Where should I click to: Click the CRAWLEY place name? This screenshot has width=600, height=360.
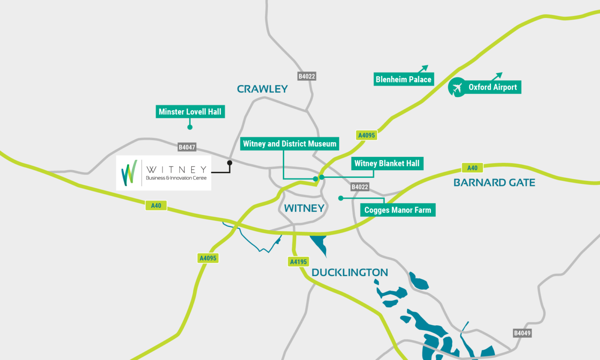pyautogui.click(x=262, y=89)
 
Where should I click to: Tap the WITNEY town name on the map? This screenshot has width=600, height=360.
pyautogui.click(x=304, y=208)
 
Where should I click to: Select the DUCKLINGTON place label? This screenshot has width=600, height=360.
pyautogui.click(x=349, y=272)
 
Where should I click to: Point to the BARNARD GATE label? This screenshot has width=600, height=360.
pyautogui.click(x=494, y=183)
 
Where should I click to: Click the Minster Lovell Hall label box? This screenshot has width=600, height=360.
pyautogui.click(x=190, y=112)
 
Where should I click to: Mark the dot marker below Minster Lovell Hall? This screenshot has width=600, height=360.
pyautogui.click(x=189, y=127)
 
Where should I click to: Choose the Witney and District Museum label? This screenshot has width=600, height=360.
pyautogui.click(x=290, y=144)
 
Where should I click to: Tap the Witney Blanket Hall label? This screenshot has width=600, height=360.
pyautogui.click(x=387, y=163)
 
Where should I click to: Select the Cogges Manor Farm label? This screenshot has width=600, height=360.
pyautogui.click(x=398, y=210)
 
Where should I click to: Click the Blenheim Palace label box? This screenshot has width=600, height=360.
pyautogui.click(x=403, y=79)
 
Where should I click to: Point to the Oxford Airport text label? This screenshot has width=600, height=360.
pyautogui.click(x=492, y=87)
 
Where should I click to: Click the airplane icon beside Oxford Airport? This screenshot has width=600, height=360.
pyautogui.click(x=457, y=88)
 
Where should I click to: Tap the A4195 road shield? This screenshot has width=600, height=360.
pyautogui.click(x=299, y=261)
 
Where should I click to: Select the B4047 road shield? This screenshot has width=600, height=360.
pyautogui.click(x=187, y=147)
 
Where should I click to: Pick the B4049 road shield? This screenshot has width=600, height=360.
pyautogui.click(x=522, y=333)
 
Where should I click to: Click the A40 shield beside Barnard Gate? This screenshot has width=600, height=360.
pyautogui.click(x=472, y=168)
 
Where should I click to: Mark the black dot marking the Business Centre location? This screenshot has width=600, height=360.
pyautogui.click(x=230, y=162)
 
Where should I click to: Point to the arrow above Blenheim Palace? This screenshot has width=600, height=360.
pyautogui.click(x=423, y=69)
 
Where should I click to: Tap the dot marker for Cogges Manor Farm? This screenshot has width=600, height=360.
pyautogui.click(x=341, y=198)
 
